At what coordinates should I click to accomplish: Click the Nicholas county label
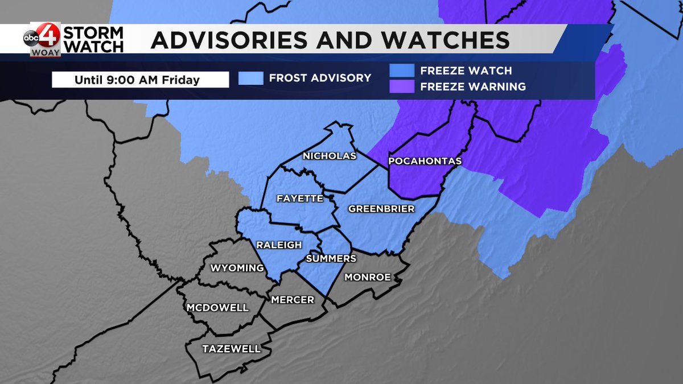(330, 156)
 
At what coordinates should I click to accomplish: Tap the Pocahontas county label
(424, 162)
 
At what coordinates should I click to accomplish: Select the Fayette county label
(299, 199)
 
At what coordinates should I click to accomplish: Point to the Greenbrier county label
(381, 209)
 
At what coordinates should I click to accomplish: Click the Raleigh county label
(278, 245)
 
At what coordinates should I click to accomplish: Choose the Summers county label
(331, 258)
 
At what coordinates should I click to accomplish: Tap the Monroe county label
(368, 277)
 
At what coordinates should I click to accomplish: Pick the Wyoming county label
(237, 268)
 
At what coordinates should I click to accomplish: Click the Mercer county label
(293, 299)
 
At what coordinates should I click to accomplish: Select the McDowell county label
(217, 308)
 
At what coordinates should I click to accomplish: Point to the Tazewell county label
(231, 349)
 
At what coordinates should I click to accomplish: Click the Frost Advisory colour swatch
(251, 79)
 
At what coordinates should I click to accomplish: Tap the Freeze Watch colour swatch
(402, 71)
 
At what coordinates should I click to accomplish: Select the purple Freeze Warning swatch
(402, 86)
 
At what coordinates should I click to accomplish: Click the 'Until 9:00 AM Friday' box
(140, 80)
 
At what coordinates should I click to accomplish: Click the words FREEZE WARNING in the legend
(473, 87)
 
